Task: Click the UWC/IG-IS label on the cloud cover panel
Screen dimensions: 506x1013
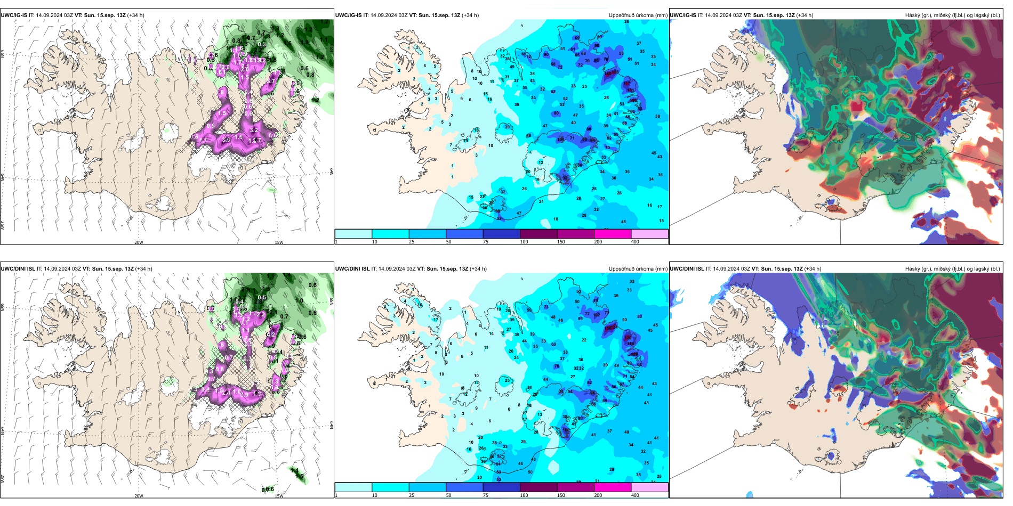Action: pyautogui.click(x=683, y=15)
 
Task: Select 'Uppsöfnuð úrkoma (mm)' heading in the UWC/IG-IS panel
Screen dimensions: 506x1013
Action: pyautogui.click(x=638, y=15)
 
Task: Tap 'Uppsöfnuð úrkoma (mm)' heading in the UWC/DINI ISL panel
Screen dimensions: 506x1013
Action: pyautogui.click(x=638, y=269)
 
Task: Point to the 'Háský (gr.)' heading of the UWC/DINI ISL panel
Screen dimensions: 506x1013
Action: pyautogui.click(x=919, y=269)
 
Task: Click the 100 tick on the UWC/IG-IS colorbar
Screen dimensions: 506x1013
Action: pyautogui.click(x=524, y=242)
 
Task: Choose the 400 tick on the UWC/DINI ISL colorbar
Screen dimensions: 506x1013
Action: pyautogui.click(x=635, y=495)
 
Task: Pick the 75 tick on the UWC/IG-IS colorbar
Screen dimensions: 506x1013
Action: pyautogui.click(x=486, y=242)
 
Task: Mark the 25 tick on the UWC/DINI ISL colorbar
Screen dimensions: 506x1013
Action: pyautogui.click(x=412, y=495)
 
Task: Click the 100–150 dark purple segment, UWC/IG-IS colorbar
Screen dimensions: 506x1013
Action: pyautogui.click(x=538, y=234)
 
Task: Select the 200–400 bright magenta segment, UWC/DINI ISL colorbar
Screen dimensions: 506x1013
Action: pyautogui.click(x=613, y=487)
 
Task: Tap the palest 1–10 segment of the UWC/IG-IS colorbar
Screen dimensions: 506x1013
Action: pyautogui.click(x=353, y=234)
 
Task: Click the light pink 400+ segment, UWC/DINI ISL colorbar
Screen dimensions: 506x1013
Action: pyautogui.click(x=649, y=487)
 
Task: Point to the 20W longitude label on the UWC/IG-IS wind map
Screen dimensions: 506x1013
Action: pyautogui.click(x=139, y=242)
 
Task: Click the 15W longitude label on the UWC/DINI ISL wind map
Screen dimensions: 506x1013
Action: pyautogui.click(x=279, y=496)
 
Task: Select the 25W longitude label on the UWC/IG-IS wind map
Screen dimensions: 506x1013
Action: pyautogui.click(x=3, y=225)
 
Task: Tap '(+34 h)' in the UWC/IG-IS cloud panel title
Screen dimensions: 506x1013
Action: pyautogui.click(x=804, y=15)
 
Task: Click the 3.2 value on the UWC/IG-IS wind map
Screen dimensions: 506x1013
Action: pyautogui.click(x=254, y=130)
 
